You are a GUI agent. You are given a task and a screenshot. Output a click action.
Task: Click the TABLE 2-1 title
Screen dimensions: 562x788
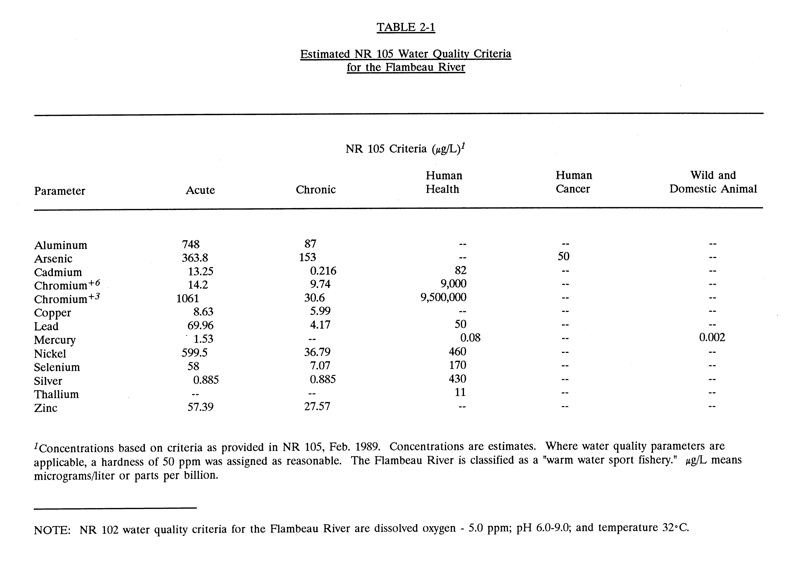(406, 27)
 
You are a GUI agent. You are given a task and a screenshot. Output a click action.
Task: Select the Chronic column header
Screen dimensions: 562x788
(316, 190)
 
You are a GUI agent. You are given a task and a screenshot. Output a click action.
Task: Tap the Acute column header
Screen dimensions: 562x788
(200, 190)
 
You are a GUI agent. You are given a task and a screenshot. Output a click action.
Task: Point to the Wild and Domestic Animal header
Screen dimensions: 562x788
(713, 182)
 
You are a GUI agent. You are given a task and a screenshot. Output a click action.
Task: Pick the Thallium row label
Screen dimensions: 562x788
(56, 394)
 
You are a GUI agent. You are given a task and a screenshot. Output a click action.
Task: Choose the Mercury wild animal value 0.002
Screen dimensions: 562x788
(712, 337)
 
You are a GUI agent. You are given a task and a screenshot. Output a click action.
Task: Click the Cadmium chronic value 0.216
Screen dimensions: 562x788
(323, 271)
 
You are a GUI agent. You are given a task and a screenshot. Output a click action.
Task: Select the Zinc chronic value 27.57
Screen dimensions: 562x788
(317, 406)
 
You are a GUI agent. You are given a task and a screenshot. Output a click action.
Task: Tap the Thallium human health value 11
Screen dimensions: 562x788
(460, 392)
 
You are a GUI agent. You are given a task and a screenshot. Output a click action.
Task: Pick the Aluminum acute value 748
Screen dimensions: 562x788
(191, 244)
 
